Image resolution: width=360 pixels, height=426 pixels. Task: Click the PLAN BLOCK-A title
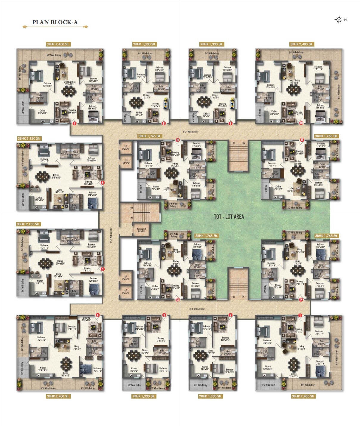(55, 22)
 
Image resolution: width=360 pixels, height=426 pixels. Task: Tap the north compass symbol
(339, 20)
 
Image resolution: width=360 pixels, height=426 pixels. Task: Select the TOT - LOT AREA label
(229, 217)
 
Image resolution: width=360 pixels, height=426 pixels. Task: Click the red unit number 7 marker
(74, 123)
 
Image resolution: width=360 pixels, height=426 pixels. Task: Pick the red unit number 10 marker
(301, 123)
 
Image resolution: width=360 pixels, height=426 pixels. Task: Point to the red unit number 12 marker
(178, 140)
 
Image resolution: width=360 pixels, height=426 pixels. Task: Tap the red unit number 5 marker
(103, 269)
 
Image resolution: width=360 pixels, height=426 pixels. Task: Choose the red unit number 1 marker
(300, 315)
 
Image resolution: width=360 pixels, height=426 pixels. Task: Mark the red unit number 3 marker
(164, 315)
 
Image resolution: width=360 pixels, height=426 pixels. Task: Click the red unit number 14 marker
(301, 300)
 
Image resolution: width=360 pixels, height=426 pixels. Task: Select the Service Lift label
(142, 230)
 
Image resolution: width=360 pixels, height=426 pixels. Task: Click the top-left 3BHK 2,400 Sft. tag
(58, 44)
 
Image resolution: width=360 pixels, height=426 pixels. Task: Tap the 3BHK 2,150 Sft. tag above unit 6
(29, 138)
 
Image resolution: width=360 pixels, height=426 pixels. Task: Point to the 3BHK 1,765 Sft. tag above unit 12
(150, 136)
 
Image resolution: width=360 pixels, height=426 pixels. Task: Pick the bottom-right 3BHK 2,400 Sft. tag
(303, 396)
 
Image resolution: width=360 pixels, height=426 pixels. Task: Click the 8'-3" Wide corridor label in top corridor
(191, 132)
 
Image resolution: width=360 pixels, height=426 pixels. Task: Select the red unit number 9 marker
(230, 123)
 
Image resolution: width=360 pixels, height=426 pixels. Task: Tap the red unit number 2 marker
(230, 315)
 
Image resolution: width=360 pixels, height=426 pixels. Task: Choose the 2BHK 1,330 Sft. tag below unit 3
(144, 396)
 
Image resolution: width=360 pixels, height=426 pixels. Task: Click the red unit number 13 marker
(178, 300)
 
